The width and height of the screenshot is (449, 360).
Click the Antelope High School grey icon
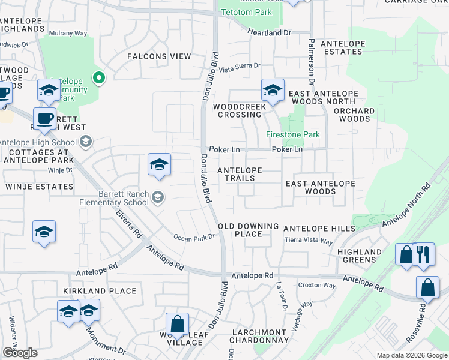pyautogui.click(x=85, y=142)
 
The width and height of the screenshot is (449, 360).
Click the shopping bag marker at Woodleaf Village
pyautogui.click(x=178, y=324)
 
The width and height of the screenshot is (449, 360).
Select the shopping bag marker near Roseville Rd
pyautogui.click(x=427, y=287)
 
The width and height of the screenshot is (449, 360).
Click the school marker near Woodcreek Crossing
pyautogui.click(x=273, y=91)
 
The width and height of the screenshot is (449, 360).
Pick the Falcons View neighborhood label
pyautogui.click(x=159, y=56)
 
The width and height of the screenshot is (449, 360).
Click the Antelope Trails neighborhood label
pyautogui.click(x=240, y=174)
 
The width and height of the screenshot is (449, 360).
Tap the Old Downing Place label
pyautogui.click(x=249, y=230)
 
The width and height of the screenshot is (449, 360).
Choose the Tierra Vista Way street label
pyautogui.click(x=309, y=241)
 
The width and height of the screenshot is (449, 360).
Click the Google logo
pyautogui.click(x=20, y=352)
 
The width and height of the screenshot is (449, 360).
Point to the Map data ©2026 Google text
pyautogui.click(x=411, y=355)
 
